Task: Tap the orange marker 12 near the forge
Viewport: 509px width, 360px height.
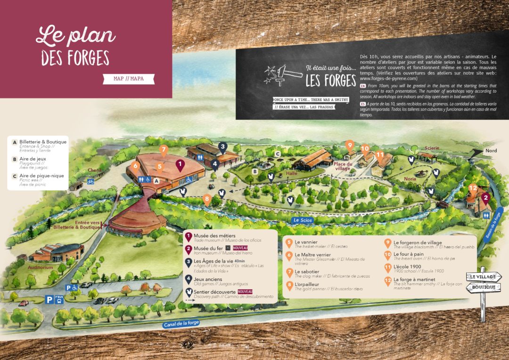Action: pyautogui.click(x=473, y=188)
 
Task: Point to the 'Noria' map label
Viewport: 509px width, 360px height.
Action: pyautogui.click(x=410, y=179)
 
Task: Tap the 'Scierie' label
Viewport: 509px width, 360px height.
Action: pyautogui.click(x=432, y=148)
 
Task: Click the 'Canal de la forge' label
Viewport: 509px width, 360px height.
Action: pyautogui.click(x=181, y=323)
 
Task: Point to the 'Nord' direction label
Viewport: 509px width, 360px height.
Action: pyautogui.click(x=491, y=151)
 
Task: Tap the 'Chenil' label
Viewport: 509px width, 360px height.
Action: pyautogui.click(x=95, y=170)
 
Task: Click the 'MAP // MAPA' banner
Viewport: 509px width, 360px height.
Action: pyautogui.click(x=129, y=79)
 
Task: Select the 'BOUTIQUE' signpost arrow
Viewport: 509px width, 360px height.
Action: pyautogui.click(x=484, y=287)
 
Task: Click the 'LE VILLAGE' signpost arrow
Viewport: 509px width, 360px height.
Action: pyautogui.click(x=482, y=277)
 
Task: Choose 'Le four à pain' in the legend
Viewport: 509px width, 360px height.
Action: pyautogui.click(x=408, y=254)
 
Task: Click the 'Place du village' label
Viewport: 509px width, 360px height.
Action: pyautogui.click(x=343, y=166)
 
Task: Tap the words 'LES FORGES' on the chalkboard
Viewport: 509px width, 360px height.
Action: pyautogui.click(x=331, y=81)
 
